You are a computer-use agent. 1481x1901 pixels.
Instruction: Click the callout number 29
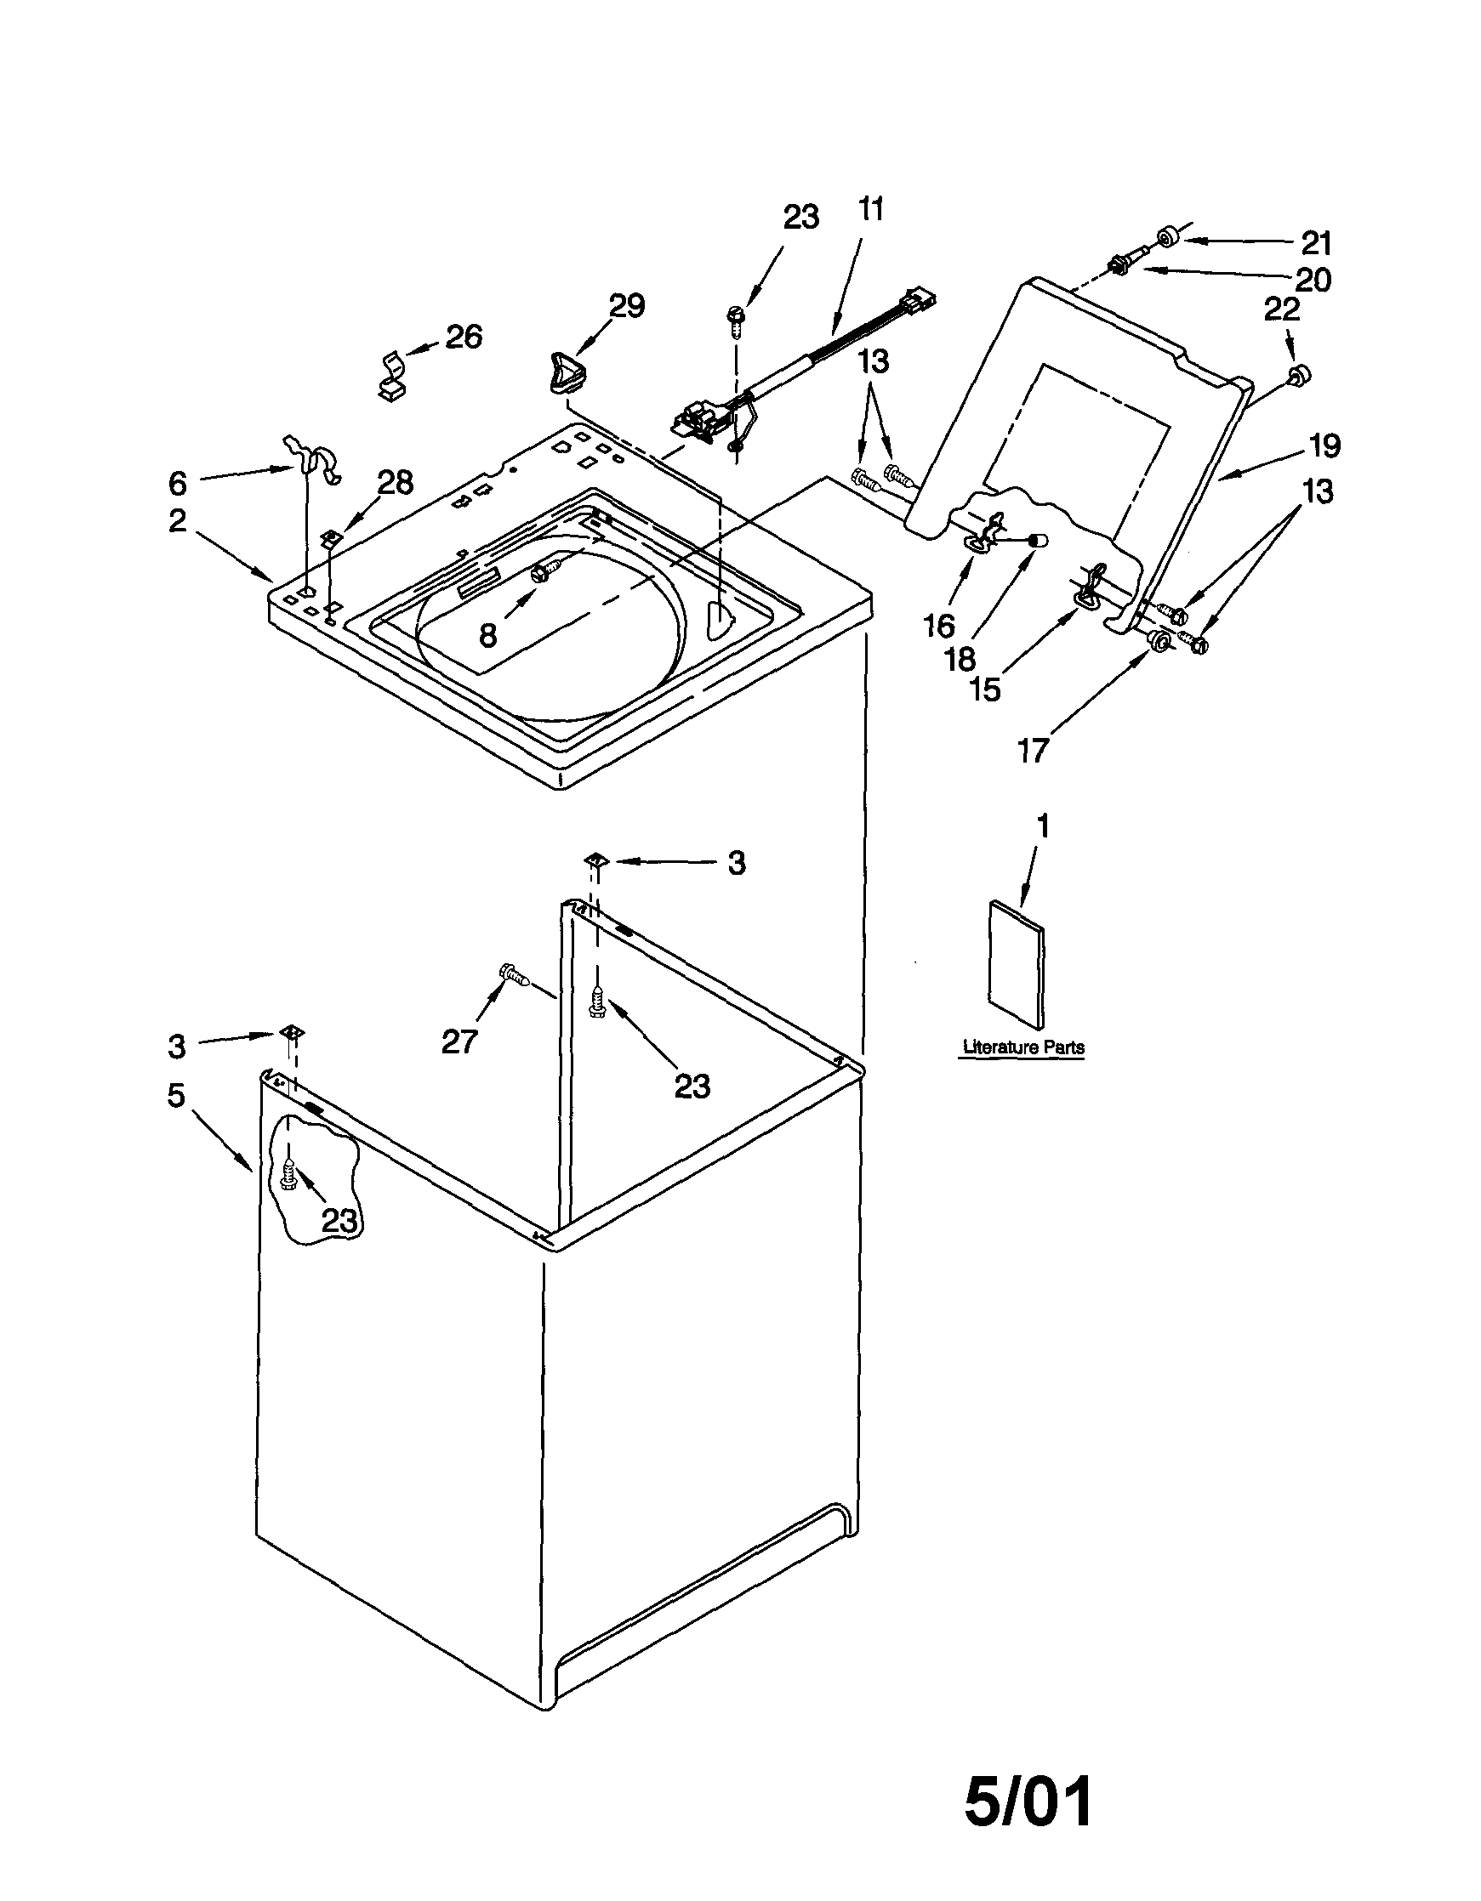626,305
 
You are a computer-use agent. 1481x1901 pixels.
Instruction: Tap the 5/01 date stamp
1029,1802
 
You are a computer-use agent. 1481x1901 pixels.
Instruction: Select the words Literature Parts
1024,1047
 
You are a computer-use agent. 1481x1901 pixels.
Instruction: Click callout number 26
464,336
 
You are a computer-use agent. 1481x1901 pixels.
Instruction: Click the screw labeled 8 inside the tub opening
538,571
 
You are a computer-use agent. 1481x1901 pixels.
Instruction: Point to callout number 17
1033,750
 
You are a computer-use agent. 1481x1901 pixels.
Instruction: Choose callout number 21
1317,243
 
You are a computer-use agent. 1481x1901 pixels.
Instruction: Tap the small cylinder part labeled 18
1037,540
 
